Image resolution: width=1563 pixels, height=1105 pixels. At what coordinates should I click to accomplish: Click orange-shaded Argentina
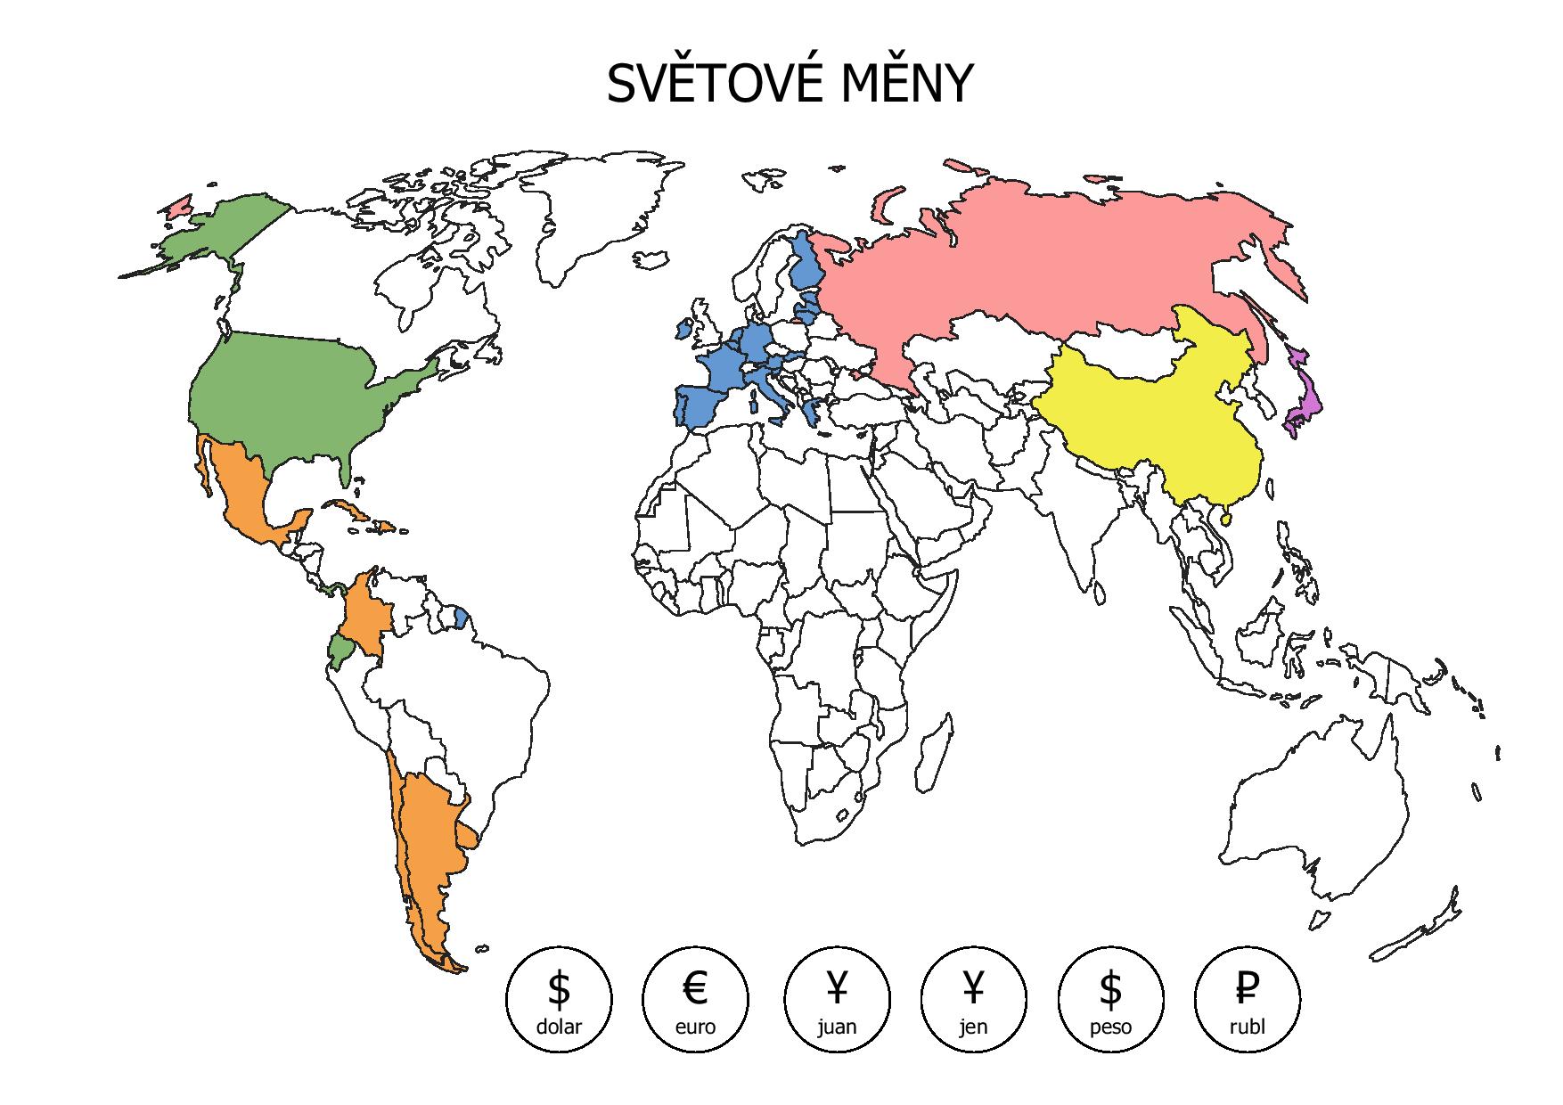pos(428,838)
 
